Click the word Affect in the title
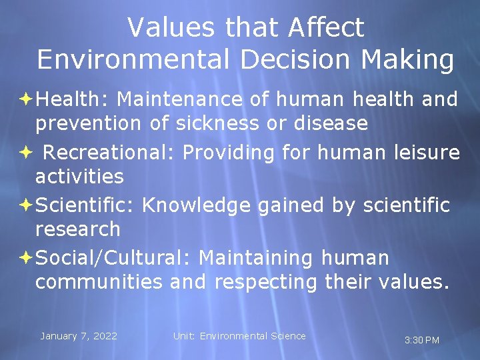(x=326, y=28)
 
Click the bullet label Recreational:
(x=109, y=153)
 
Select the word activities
(x=79, y=177)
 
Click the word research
(x=77, y=229)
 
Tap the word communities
(x=99, y=282)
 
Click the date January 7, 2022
(x=79, y=336)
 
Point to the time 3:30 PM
(x=422, y=340)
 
